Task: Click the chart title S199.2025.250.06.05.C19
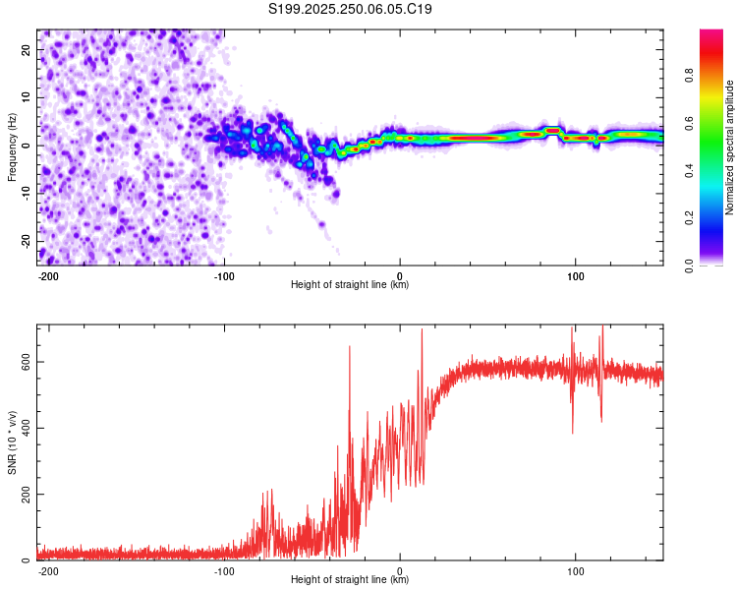pyautogui.click(x=351, y=10)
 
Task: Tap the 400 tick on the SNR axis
pyautogui.click(x=25, y=428)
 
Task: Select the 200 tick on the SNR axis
pyautogui.click(x=25, y=494)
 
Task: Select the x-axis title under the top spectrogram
pyautogui.click(x=350, y=285)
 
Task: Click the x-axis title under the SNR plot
pyautogui.click(x=350, y=580)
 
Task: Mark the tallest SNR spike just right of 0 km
pyautogui.click(x=423, y=330)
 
